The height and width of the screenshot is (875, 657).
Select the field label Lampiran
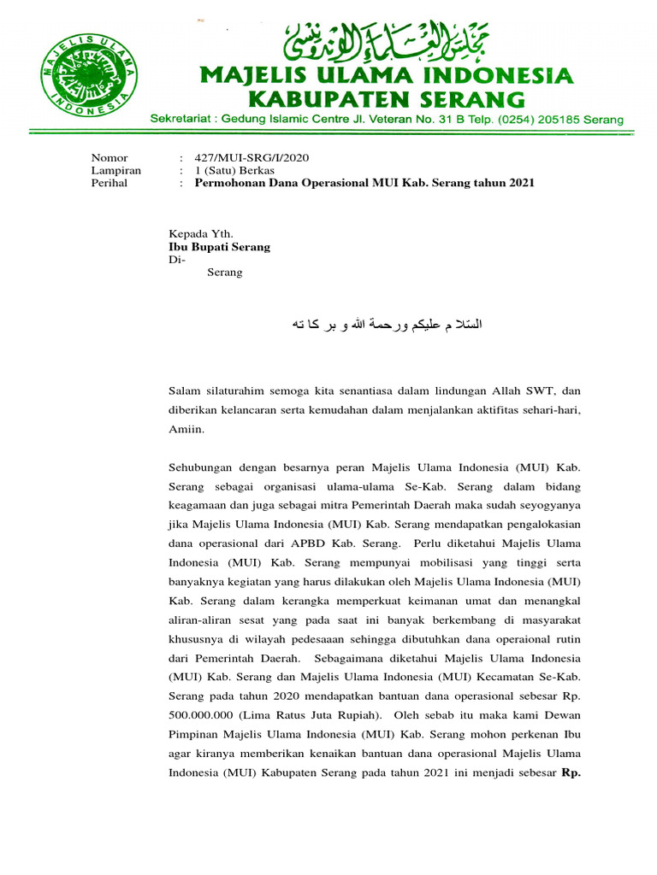click(x=115, y=171)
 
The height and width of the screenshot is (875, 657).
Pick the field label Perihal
click(x=109, y=184)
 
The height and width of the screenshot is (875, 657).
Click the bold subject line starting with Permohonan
click(x=364, y=184)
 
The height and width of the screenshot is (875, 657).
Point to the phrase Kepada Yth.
click(x=200, y=233)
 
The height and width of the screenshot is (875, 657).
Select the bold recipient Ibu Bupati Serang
click(x=219, y=247)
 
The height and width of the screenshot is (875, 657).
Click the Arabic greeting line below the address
click(x=387, y=325)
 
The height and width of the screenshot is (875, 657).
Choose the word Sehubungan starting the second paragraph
click(x=203, y=467)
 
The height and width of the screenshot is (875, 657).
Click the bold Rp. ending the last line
click(x=571, y=773)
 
